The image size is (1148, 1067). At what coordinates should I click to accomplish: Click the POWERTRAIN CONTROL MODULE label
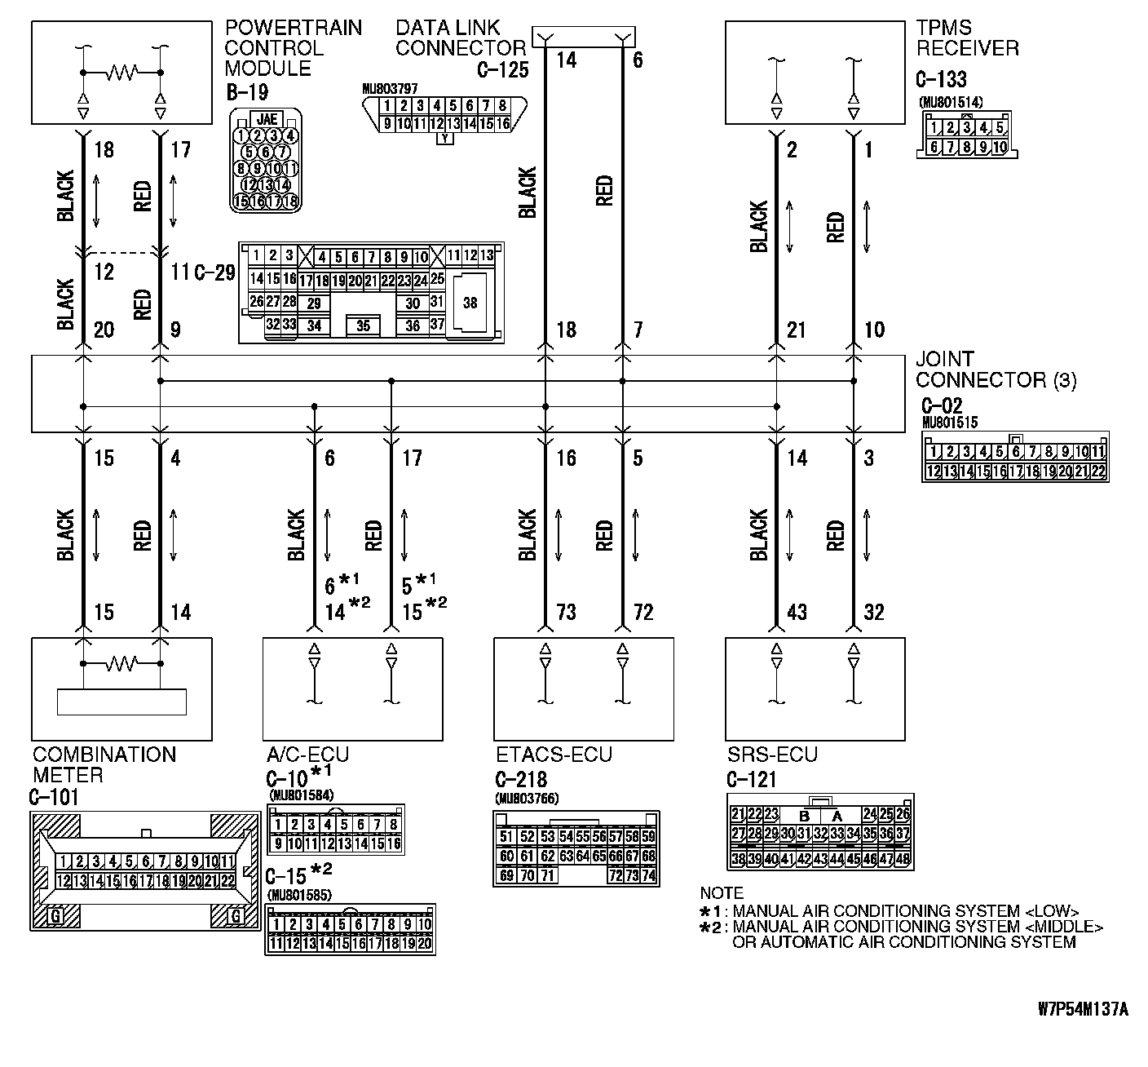[x=293, y=48]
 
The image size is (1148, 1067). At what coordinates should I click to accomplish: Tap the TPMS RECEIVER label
[x=967, y=38]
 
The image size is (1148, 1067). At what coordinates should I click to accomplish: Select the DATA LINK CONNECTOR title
[x=461, y=38]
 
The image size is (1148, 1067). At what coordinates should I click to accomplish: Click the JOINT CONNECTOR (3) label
[x=996, y=370]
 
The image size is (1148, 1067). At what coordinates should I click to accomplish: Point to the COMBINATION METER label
[x=104, y=764]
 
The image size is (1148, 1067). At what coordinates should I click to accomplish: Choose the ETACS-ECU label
[x=554, y=755]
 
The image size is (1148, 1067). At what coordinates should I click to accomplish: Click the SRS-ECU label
[x=772, y=755]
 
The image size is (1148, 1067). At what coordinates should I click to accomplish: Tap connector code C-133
[x=941, y=79]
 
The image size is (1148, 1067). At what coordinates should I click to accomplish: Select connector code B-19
[x=247, y=92]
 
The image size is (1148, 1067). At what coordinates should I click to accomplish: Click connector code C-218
[x=521, y=780]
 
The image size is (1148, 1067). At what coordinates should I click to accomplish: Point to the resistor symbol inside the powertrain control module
[x=121, y=73]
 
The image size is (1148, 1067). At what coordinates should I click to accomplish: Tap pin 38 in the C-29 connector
[x=470, y=303]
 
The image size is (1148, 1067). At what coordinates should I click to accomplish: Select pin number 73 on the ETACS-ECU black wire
[x=566, y=612]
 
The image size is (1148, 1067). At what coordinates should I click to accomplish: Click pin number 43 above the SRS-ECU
[x=797, y=612]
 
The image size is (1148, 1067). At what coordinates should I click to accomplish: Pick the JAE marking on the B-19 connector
[x=266, y=119]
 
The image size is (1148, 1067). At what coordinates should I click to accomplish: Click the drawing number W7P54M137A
[x=1083, y=1010]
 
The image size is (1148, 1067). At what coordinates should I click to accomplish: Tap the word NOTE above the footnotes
[x=722, y=893]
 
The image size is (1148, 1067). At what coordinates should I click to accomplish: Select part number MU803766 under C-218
[x=527, y=799]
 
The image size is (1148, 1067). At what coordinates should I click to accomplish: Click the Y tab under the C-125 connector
[x=444, y=139]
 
